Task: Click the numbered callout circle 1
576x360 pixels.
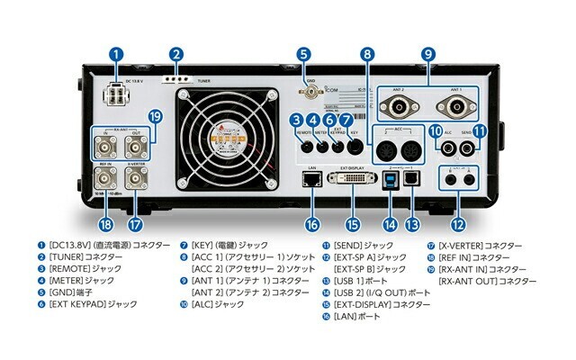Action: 116,54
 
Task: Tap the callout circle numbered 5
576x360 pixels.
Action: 303,54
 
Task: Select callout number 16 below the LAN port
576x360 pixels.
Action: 312,224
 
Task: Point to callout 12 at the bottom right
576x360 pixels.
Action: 460,224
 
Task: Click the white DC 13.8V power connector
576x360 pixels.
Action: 117,94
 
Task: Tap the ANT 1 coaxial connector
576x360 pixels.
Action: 454,109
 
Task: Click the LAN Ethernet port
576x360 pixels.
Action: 312,179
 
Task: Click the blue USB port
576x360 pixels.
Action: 391,179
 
